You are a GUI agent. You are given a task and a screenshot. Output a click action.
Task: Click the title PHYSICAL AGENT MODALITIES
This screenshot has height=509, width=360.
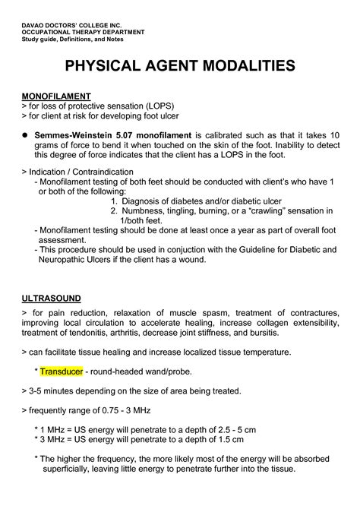(179, 67)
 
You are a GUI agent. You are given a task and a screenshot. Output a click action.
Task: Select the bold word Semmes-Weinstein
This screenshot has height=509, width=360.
(80, 134)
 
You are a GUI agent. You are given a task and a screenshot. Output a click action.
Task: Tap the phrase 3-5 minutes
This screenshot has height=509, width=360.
(55, 390)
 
